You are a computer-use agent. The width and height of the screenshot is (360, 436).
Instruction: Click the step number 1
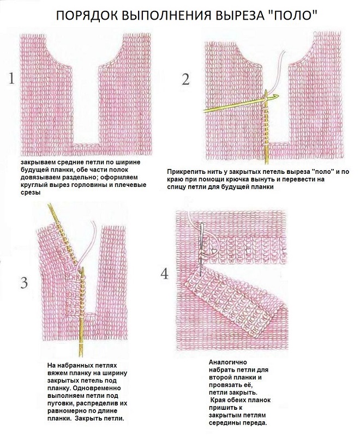point(11,78)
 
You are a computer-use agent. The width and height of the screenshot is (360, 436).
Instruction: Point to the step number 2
point(186,79)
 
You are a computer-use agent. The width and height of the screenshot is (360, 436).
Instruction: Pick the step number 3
point(24,283)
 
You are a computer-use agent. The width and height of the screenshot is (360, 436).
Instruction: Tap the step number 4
point(165,274)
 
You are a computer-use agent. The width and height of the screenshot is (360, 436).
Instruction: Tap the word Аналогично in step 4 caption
point(227,362)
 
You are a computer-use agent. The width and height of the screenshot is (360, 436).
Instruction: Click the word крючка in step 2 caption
point(244,180)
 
